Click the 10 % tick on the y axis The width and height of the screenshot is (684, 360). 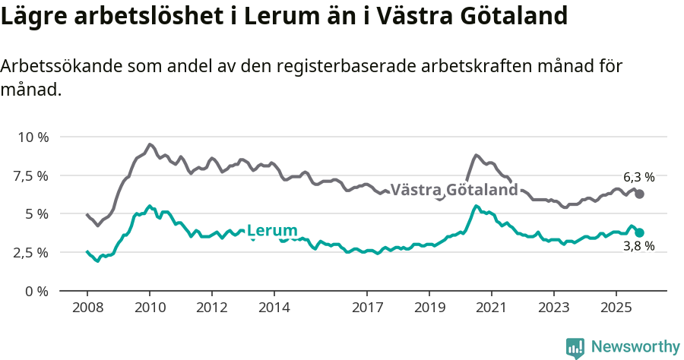point(33,137)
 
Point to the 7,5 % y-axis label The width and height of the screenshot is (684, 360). point(30,176)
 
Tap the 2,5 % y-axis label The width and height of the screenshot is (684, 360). point(30,253)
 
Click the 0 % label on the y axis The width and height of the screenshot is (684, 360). point(36,291)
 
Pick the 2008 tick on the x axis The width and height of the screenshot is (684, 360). point(87,309)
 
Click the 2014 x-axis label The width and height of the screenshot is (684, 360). point(274,309)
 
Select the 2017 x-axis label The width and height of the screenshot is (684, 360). point(367,309)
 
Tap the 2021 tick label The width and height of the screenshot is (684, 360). point(492,309)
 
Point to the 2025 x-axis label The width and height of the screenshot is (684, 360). point(616,309)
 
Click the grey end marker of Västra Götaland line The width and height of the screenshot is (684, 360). point(640,194)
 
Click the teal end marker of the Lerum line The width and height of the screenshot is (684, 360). point(640,232)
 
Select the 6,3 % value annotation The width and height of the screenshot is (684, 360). point(638,177)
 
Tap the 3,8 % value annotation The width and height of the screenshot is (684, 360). point(638,247)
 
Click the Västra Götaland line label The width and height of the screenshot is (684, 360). point(454,190)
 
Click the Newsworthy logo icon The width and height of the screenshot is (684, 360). point(575,348)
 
